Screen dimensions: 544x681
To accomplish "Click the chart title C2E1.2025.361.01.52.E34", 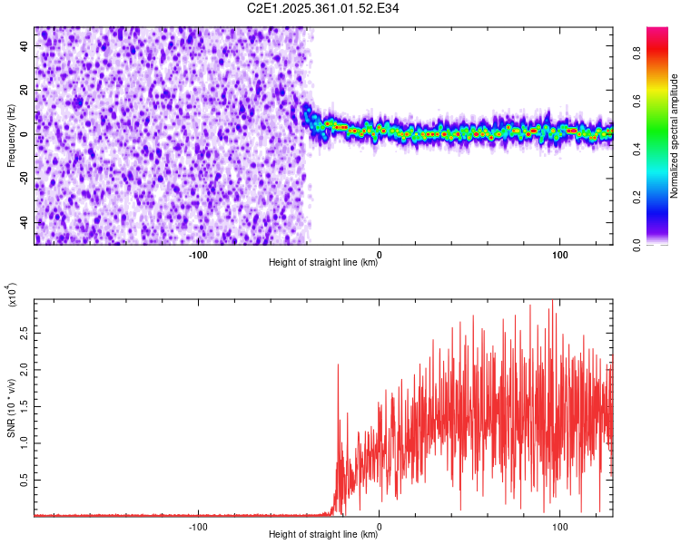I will (x=324, y=8).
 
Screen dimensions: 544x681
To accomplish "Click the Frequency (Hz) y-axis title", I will (x=11, y=137).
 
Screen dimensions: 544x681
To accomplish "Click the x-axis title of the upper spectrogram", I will (x=324, y=263).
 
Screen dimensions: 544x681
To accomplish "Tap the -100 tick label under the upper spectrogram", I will (x=198, y=255).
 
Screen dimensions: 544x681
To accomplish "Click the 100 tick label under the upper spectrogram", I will (x=560, y=255).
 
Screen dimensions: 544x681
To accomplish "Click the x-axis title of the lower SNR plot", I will (x=324, y=535).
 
